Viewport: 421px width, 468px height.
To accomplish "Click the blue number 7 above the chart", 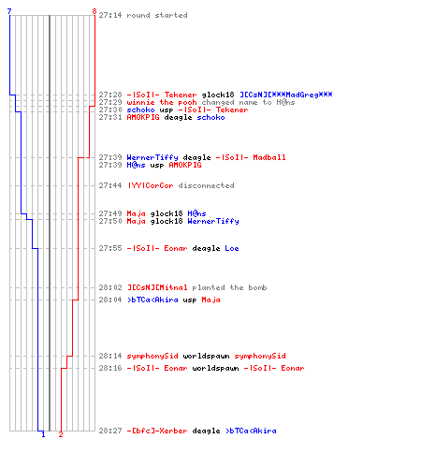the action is [9, 11].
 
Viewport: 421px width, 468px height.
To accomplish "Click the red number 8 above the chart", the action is [94, 11].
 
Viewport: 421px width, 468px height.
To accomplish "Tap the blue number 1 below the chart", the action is [43, 434].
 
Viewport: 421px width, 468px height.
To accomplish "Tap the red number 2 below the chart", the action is [61, 434].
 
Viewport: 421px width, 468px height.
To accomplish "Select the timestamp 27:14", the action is [110, 15].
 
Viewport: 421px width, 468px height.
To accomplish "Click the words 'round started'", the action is [157, 15].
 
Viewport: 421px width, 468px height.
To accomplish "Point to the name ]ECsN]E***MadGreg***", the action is [286, 95].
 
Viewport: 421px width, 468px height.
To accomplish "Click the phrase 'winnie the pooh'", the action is [162, 102].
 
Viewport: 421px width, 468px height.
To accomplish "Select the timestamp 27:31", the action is [110, 117].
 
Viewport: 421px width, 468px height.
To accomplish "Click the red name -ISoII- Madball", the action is [251, 157].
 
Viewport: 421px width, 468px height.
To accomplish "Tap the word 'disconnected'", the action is [206, 185].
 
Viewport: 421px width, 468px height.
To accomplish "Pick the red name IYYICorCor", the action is [150, 185].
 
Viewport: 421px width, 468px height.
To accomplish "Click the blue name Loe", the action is [232, 248].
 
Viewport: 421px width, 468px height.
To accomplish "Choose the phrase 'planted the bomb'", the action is [229, 287].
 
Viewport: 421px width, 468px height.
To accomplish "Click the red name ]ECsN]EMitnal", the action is [157, 287].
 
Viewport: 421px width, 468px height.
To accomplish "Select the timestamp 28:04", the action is [110, 300].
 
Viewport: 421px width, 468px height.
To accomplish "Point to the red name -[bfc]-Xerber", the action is [157, 431].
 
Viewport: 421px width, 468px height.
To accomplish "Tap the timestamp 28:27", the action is [110, 431].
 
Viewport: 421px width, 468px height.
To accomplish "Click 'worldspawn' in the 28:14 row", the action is [206, 356].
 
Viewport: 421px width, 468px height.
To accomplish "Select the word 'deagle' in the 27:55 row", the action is [206, 249].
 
